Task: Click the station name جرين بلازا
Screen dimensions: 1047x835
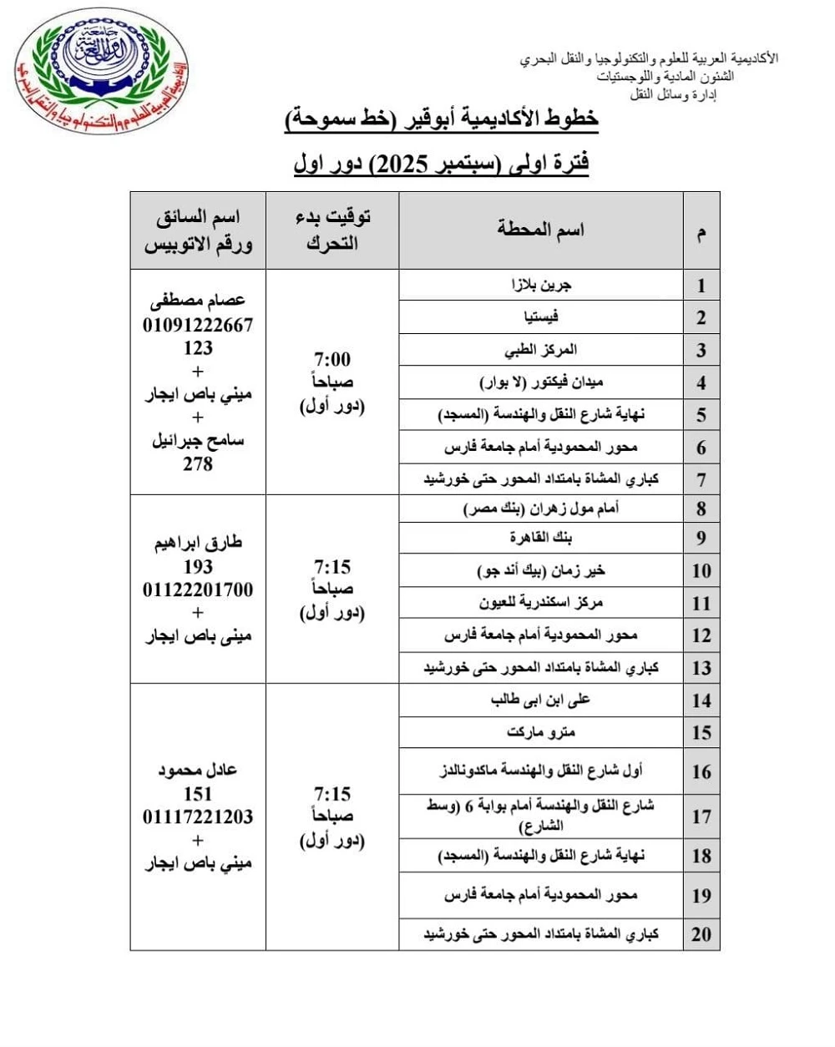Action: click(541, 285)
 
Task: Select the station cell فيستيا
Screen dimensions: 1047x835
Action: click(541, 317)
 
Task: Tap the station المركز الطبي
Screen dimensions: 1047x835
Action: click(541, 350)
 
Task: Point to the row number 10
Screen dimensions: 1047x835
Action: click(701, 571)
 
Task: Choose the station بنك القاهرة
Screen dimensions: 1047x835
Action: click(541, 539)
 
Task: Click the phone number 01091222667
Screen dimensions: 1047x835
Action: click(198, 325)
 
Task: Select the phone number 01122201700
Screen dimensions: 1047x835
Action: click(198, 590)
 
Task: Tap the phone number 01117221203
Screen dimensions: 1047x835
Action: click(198, 817)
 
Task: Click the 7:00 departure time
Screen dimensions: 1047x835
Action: click(332, 360)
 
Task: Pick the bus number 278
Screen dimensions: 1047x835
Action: click(198, 463)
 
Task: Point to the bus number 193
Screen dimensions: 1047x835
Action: click(198, 567)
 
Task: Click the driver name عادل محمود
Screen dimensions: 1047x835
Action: click(198, 770)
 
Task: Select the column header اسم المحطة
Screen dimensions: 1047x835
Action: click(541, 230)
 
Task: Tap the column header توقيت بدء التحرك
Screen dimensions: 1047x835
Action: click(332, 230)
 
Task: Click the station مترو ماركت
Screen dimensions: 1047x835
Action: click(541, 732)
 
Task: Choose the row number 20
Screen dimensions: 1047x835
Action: click(701, 934)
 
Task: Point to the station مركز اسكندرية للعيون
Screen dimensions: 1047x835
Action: click(541, 603)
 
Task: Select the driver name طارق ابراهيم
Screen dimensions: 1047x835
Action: click(198, 543)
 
